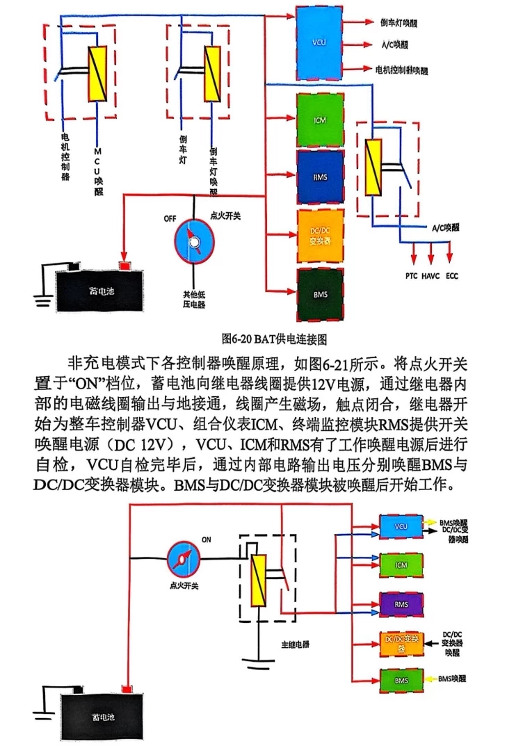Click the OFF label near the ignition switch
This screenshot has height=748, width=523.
[170, 218]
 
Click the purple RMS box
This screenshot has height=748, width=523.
[401, 604]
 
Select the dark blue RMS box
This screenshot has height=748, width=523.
[319, 176]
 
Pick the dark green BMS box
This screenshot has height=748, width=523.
[319, 295]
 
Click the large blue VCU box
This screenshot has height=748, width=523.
[320, 42]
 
